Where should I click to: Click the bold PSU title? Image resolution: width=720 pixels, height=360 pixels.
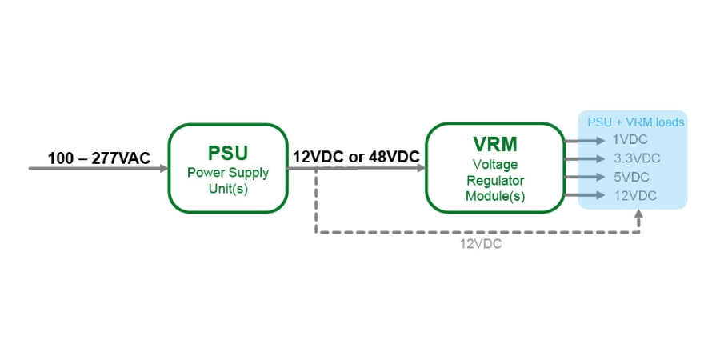(228, 152)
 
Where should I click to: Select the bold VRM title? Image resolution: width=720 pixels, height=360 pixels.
(494, 145)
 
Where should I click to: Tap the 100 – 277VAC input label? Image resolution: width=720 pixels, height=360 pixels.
(98, 158)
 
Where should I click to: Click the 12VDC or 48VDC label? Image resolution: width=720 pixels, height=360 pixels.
(356, 157)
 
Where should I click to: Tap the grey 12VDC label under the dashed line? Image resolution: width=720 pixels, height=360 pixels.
(480, 244)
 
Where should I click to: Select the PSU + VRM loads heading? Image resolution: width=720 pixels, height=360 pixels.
(636, 122)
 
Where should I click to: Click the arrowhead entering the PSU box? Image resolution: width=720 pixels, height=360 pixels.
(163, 168)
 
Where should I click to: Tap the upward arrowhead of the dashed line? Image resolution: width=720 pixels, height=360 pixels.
(638, 214)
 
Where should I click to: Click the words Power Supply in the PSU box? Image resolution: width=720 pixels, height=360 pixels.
(228, 172)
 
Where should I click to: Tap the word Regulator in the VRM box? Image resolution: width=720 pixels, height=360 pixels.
(494, 180)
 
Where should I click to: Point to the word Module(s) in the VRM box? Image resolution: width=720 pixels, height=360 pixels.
(494, 196)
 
